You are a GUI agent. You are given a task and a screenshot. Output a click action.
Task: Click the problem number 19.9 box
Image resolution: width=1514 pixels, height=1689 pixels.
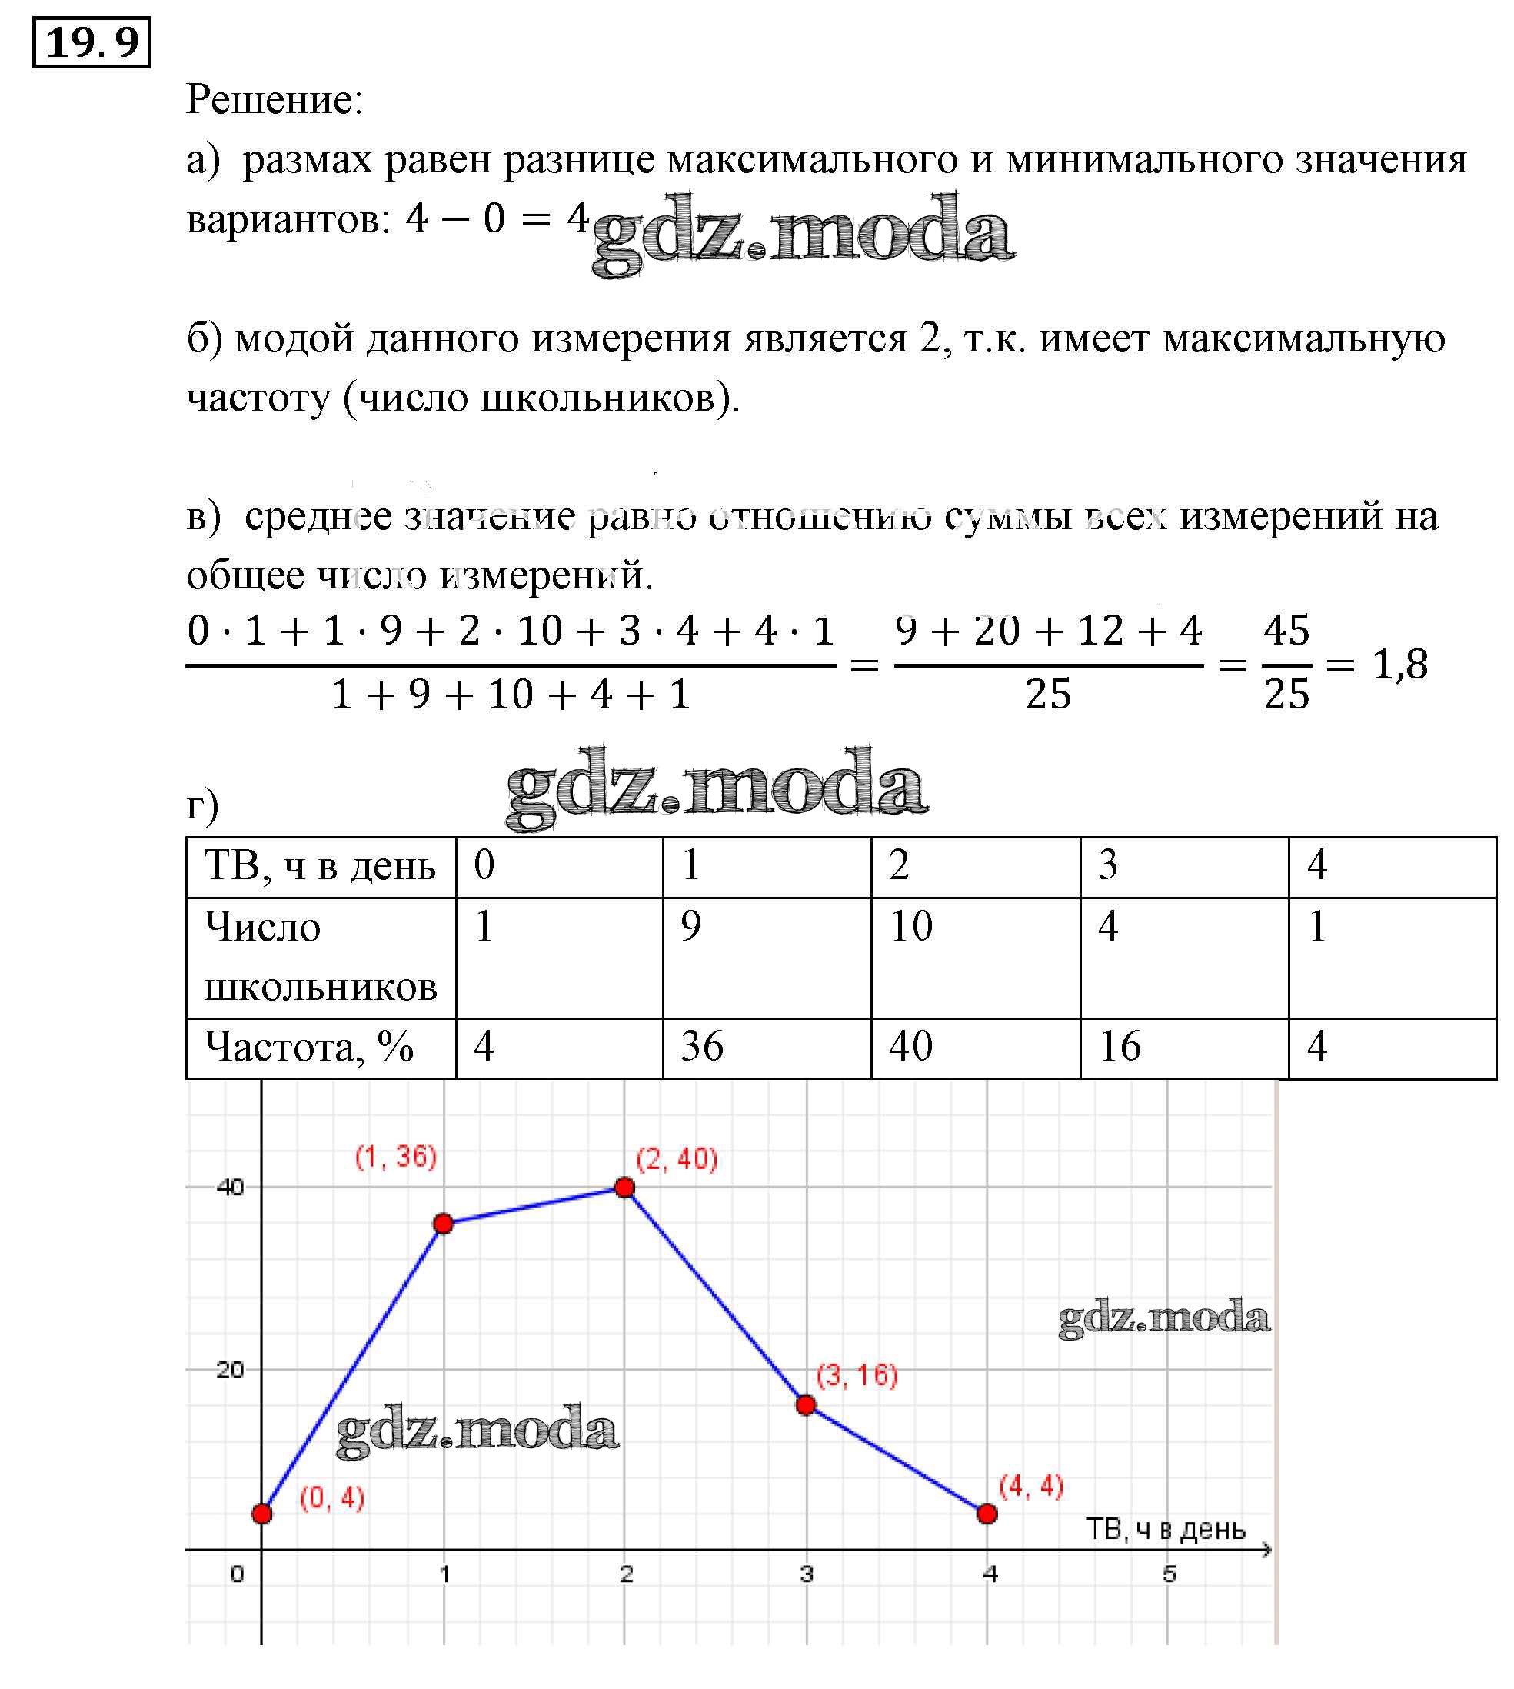point(92,42)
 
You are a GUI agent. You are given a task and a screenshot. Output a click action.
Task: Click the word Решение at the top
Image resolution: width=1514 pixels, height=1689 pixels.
point(275,100)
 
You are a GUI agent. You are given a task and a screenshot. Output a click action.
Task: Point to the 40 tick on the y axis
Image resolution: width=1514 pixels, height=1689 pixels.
point(231,1188)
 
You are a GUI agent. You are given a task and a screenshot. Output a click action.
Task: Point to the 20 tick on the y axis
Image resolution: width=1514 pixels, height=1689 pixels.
point(231,1371)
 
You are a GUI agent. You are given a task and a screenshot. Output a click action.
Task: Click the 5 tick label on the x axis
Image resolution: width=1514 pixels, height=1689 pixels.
point(1170,1574)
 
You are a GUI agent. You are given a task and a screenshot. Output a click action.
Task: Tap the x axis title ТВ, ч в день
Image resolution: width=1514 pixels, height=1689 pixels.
point(1166,1529)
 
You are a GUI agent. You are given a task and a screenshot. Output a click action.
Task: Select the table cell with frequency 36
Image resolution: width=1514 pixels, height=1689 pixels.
point(766,1048)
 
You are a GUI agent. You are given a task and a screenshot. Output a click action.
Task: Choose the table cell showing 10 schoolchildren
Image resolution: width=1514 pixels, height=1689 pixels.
point(975,957)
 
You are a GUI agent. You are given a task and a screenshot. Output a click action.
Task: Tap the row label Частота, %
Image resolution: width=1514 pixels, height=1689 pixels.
point(309,1048)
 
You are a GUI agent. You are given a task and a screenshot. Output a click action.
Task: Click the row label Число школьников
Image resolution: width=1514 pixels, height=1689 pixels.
point(321,957)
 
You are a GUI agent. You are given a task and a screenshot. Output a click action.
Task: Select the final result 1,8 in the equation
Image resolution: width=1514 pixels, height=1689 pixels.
point(1399,664)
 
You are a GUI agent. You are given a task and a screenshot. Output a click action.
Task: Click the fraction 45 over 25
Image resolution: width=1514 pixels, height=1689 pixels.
point(1286,664)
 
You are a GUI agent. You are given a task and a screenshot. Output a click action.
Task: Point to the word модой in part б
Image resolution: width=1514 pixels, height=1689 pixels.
point(295,338)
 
